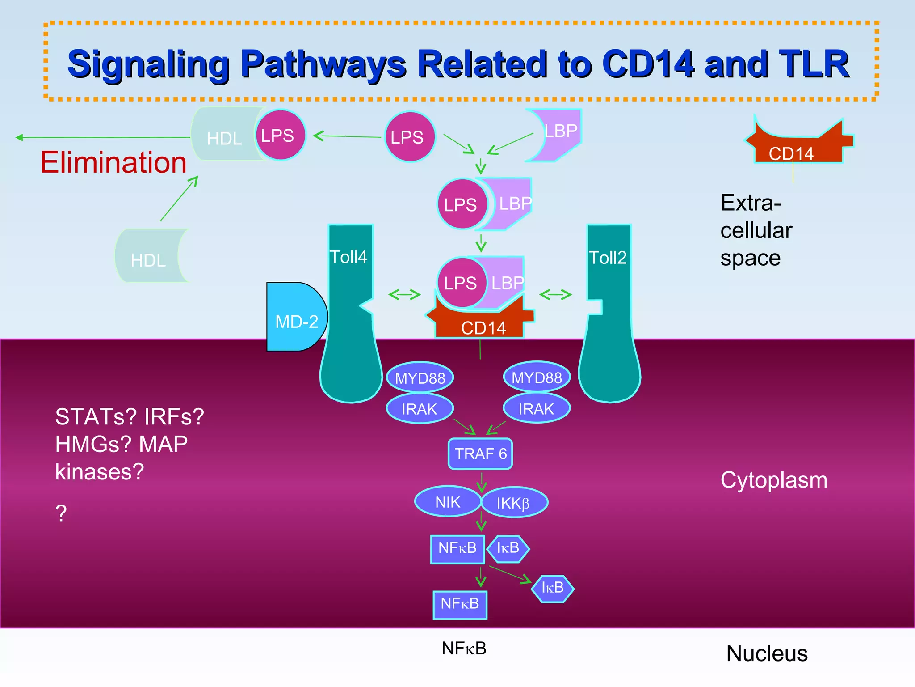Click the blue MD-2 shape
click(295, 318)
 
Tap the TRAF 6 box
click(480, 454)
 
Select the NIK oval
click(447, 502)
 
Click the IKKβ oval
click(514, 503)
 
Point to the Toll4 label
click(348, 257)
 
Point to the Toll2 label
click(608, 258)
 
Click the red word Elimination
click(113, 162)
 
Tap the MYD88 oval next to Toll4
click(420, 378)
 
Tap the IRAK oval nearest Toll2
click(536, 408)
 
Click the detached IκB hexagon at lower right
click(553, 588)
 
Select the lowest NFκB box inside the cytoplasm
click(460, 604)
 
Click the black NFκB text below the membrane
click(464, 648)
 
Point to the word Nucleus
click(767, 653)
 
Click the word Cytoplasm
click(774, 480)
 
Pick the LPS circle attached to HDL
click(280, 135)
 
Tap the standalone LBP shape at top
click(558, 134)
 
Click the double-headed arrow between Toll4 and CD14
click(404, 294)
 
